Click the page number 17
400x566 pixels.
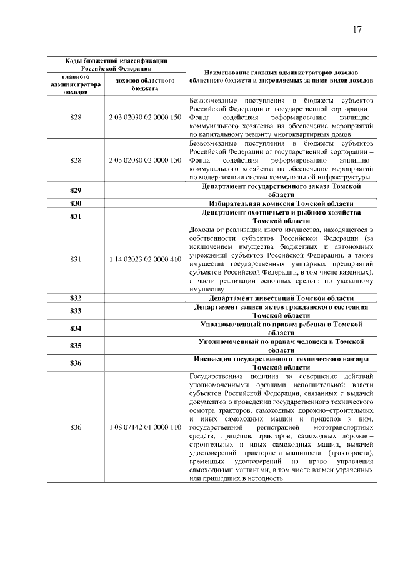pos(357,29)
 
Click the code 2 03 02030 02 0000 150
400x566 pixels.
pos(145,117)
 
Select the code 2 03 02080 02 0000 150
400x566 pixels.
pos(145,161)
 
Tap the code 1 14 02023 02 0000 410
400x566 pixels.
pos(145,260)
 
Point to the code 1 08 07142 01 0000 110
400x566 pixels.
pos(145,427)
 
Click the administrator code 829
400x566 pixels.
pos(76,191)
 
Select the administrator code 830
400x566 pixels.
pos(76,204)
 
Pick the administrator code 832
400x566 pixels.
pos(76,298)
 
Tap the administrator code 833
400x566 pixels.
pos(76,311)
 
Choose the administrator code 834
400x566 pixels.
pos(76,329)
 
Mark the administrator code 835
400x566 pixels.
pos(76,346)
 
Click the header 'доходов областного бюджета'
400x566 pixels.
pos(145,84)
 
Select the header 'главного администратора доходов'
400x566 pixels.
pos(76,84)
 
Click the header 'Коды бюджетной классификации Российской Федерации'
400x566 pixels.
pos(116,64)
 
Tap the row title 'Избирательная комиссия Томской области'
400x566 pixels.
pos(281,204)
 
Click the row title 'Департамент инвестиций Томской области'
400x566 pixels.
pos(281,298)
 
